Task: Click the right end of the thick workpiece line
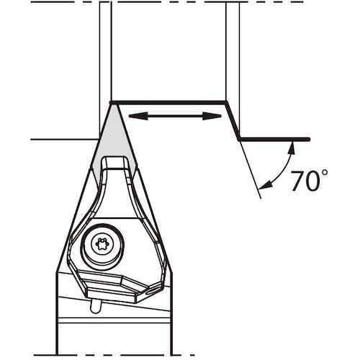(308, 139)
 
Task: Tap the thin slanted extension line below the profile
(251, 169)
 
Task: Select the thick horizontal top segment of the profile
(169, 102)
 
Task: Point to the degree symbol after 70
(325, 174)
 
